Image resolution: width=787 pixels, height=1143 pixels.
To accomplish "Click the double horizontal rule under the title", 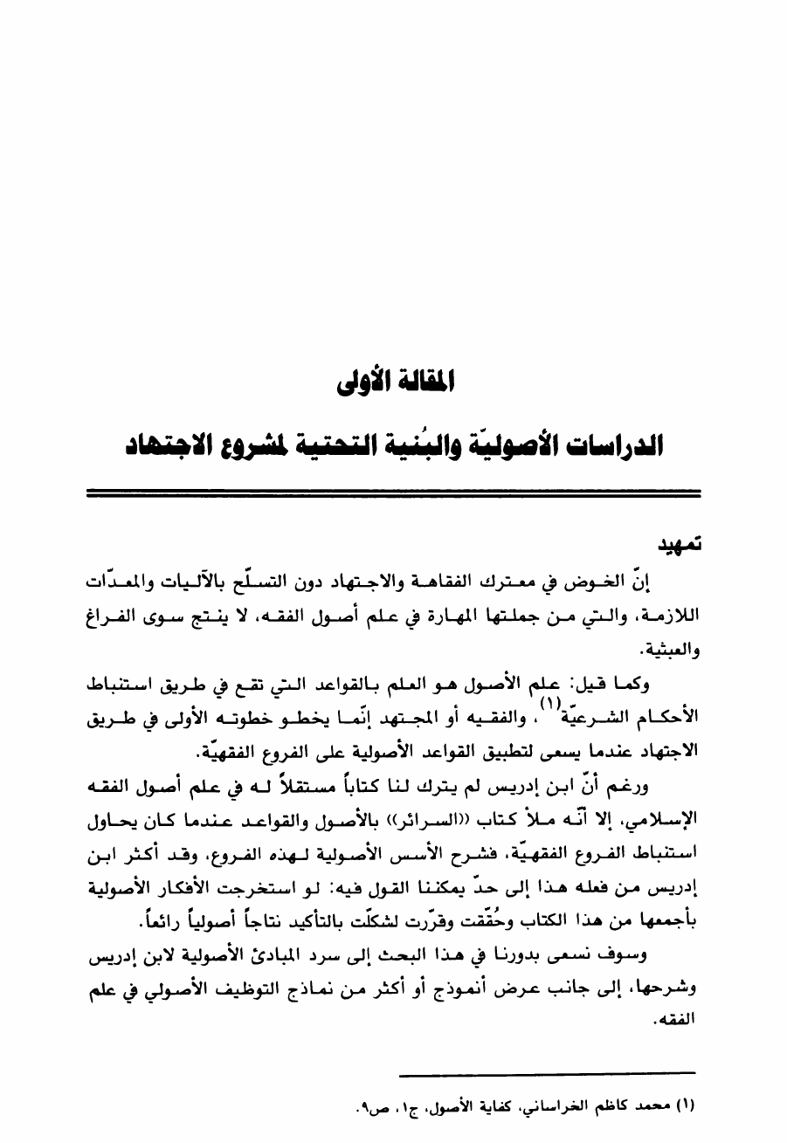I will (394, 494).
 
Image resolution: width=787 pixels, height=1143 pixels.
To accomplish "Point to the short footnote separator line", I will (546, 1071).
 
